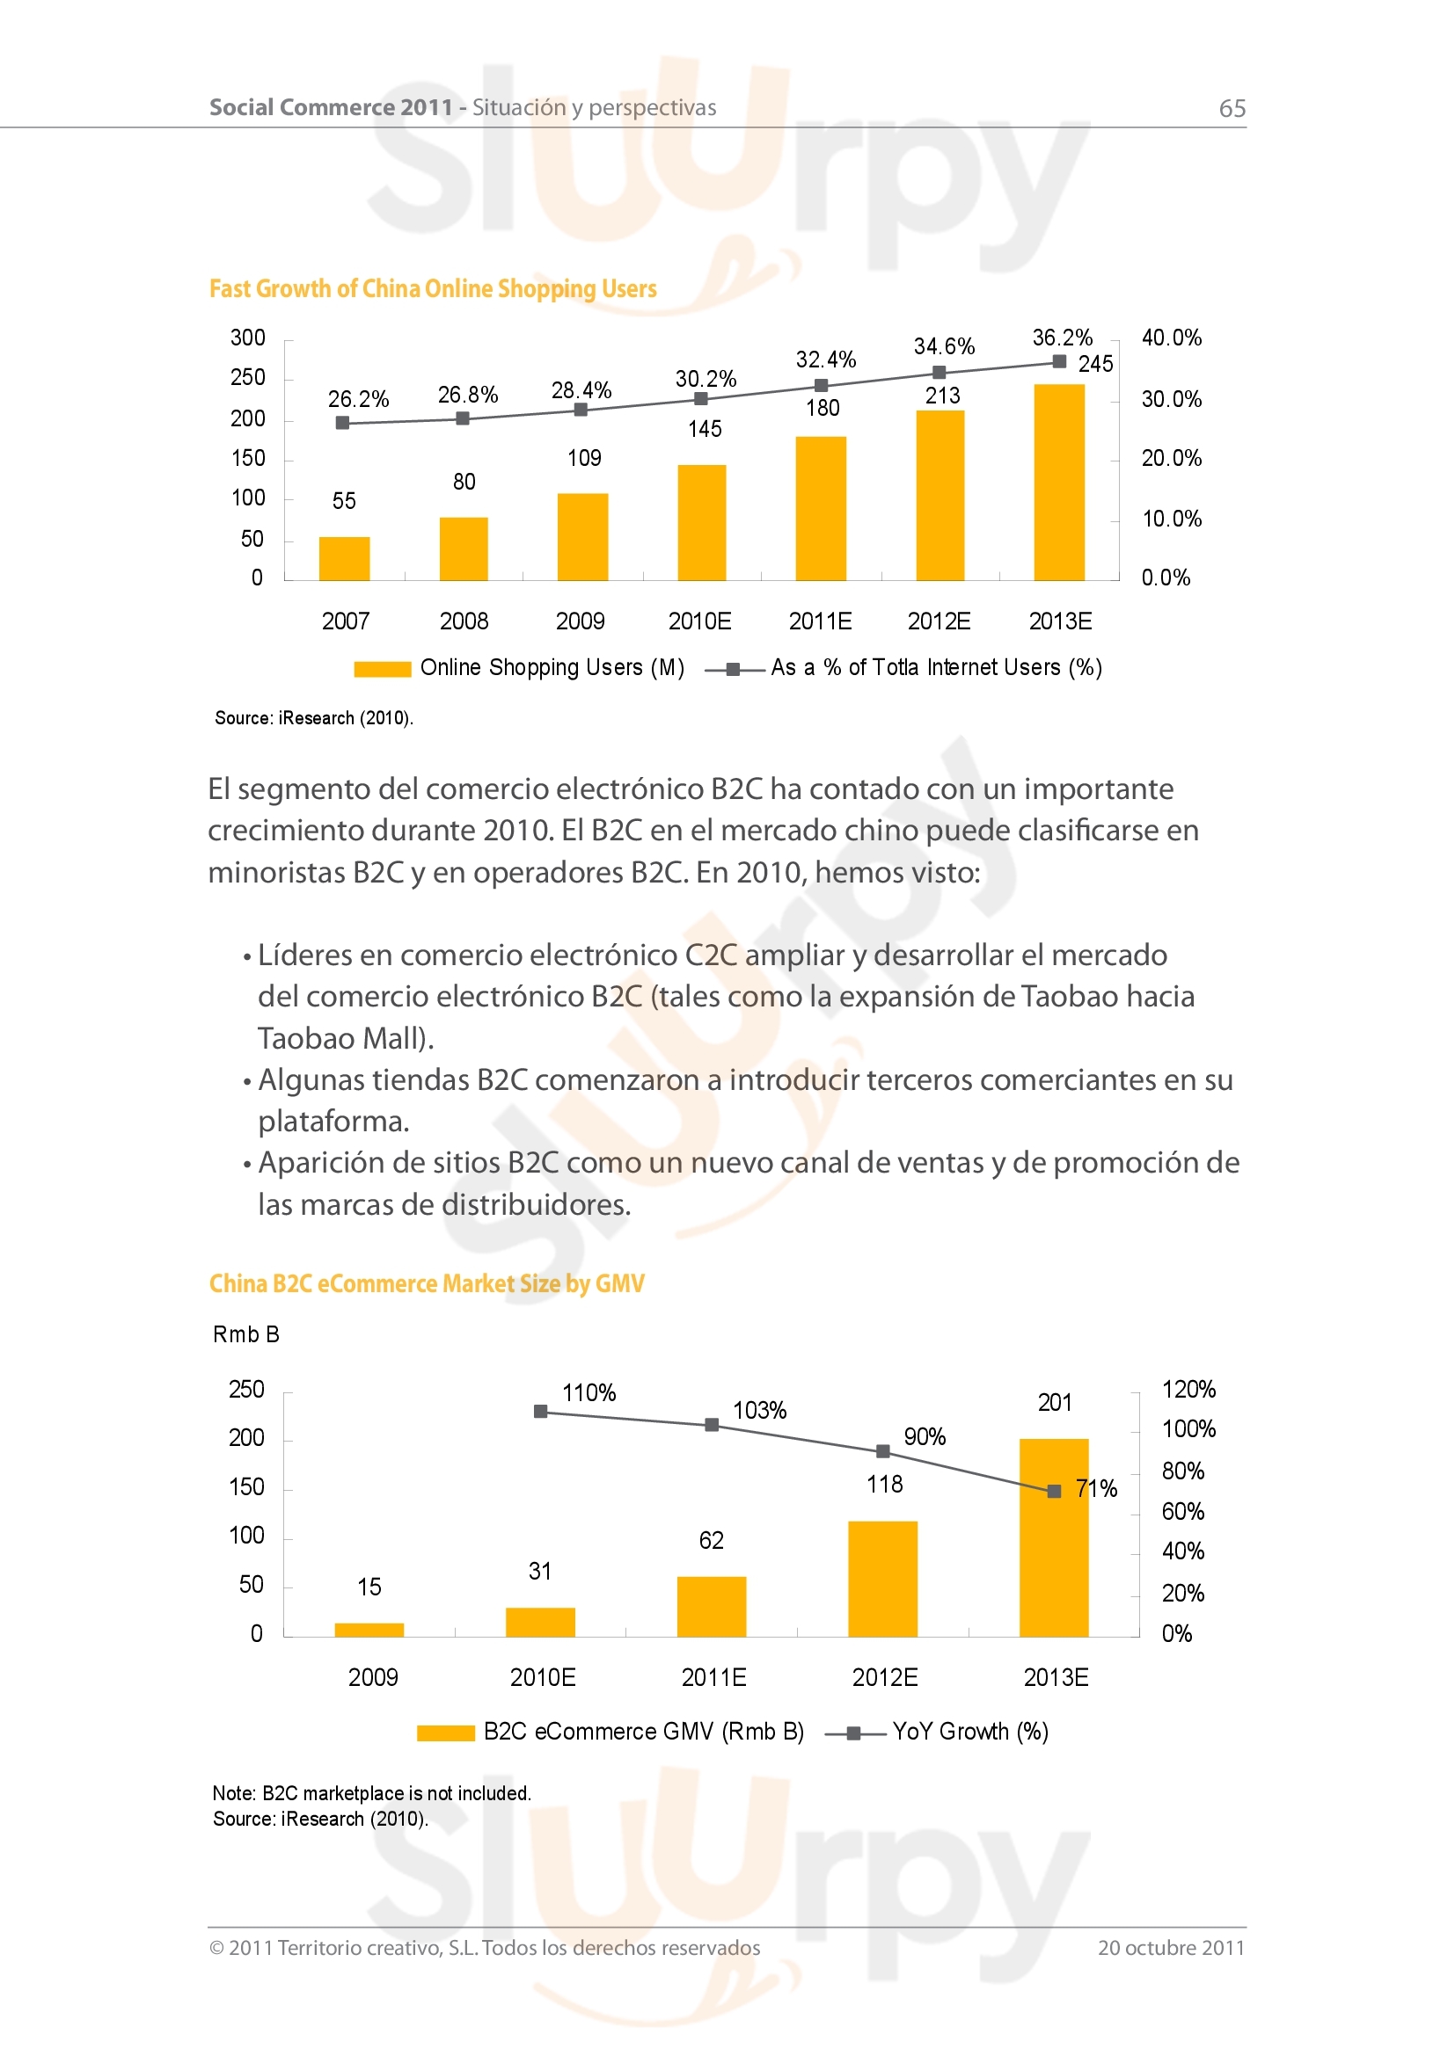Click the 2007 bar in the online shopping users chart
344,559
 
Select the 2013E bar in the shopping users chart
1059,483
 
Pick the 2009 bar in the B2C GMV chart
369,1630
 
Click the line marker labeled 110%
540,1413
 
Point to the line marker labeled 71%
1055,1491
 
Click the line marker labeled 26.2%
342,423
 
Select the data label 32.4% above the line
826,360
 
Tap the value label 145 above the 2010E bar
706,430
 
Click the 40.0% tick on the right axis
1171,338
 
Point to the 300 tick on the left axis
248,338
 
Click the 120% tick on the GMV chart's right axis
1188,1390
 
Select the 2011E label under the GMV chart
713,1677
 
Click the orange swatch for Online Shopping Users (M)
383,669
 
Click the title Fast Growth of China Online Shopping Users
433,289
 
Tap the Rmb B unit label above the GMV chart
246,1335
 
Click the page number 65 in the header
1232,109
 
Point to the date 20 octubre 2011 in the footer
1171,1948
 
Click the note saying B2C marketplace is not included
372,1792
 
